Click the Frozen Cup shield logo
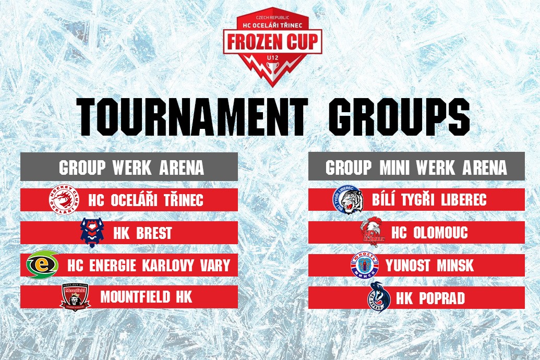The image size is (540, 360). [272, 46]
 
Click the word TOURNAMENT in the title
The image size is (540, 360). [192, 117]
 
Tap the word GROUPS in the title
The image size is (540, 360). [399, 117]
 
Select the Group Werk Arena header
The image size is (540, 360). [129, 167]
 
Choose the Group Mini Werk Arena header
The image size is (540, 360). [416, 167]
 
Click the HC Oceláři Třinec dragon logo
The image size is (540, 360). [64, 200]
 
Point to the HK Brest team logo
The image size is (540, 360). [92, 233]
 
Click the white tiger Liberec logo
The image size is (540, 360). [348, 199]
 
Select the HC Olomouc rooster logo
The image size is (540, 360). [373, 232]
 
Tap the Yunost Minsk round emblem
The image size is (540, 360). [364, 265]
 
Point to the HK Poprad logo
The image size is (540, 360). [379, 297]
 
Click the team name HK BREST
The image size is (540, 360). [142, 233]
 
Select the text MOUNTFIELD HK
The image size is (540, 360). [147, 297]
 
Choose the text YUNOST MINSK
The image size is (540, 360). [430, 265]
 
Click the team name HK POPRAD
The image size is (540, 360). [430, 298]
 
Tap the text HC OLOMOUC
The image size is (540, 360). [429, 233]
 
